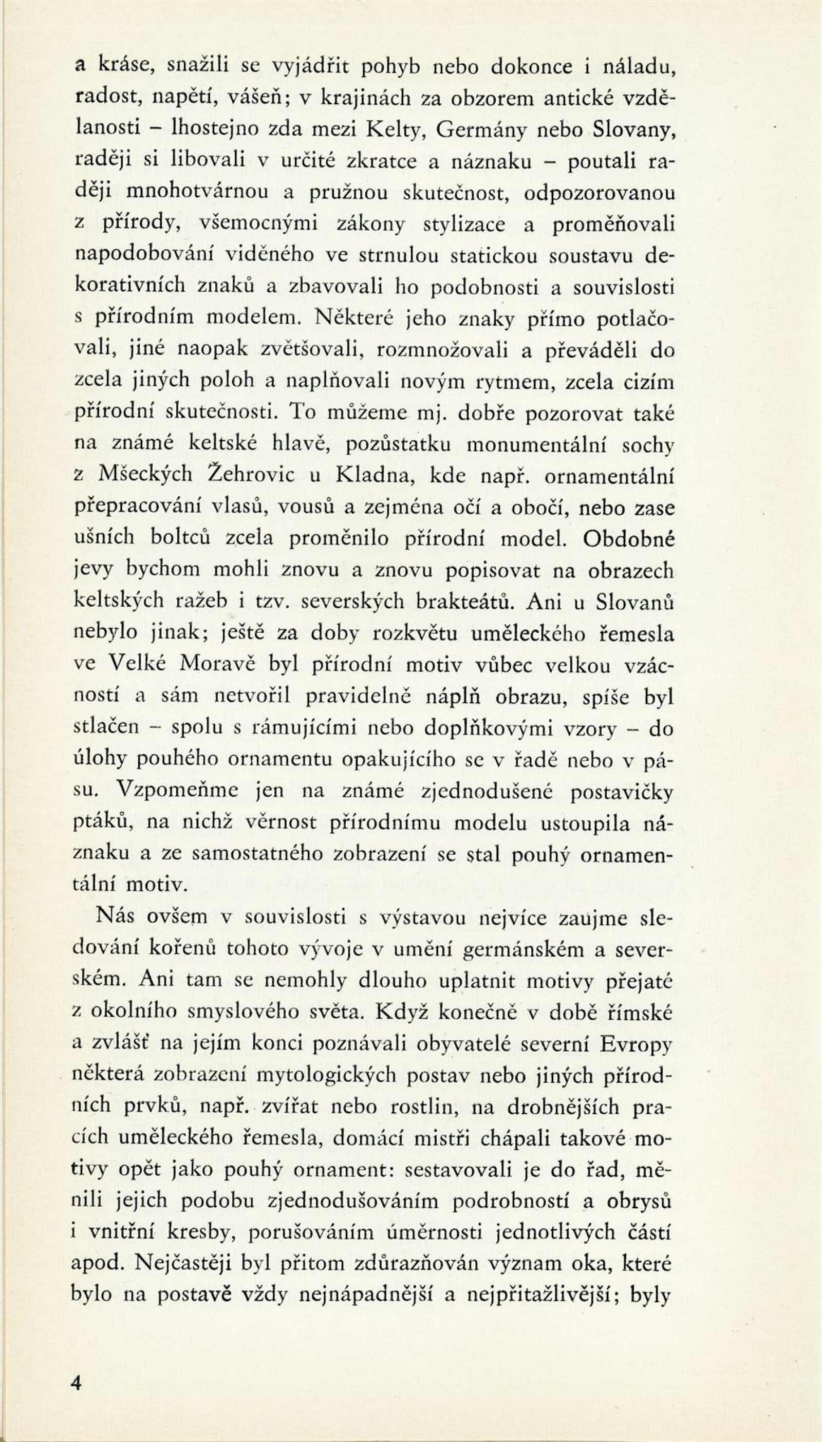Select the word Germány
481,130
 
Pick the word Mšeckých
146,475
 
